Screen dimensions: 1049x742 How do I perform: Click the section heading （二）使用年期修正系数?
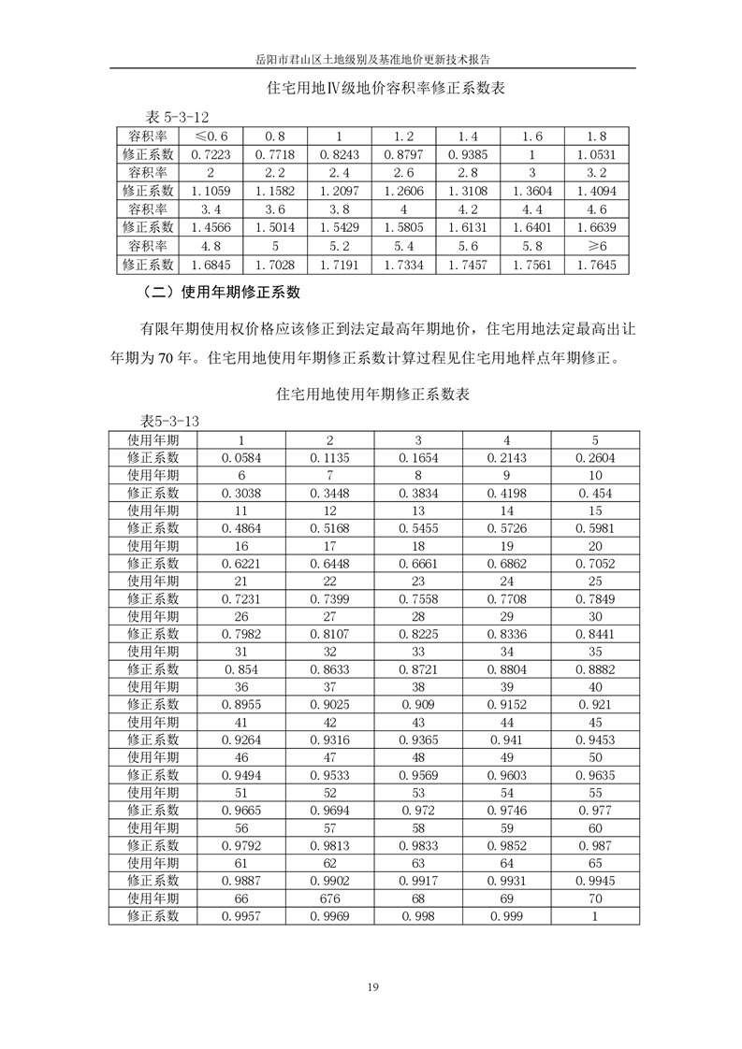[220, 293]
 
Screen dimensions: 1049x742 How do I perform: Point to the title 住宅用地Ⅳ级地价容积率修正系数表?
[373, 90]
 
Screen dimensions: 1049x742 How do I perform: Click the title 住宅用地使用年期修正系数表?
[373, 395]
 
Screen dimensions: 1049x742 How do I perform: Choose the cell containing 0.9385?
[468, 152]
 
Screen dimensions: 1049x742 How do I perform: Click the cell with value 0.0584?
[241, 457]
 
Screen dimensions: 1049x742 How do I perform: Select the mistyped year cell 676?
[329, 899]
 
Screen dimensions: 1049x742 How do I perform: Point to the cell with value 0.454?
[595, 493]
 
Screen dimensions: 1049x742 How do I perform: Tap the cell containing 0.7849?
[595, 598]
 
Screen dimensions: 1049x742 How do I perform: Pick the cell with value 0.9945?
[595, 882]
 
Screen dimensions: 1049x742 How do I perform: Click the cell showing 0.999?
[506, 917]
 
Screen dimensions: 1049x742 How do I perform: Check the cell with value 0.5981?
[595, 528]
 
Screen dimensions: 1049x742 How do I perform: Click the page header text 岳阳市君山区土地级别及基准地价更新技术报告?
[373, 58]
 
